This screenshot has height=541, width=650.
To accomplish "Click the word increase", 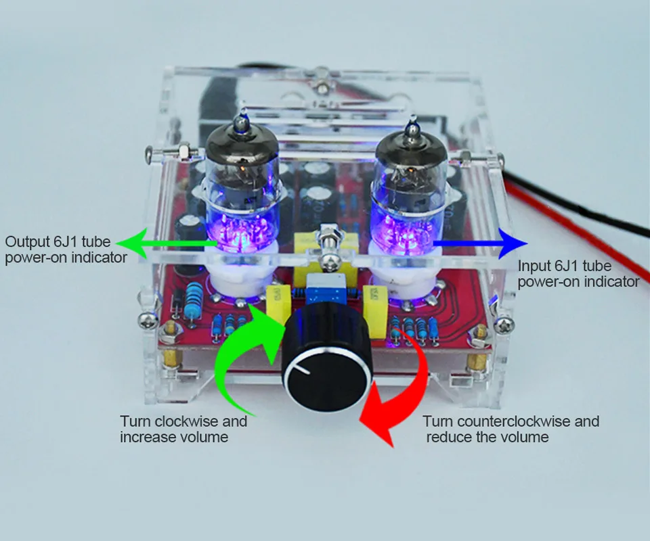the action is click(x=144, y=437).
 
